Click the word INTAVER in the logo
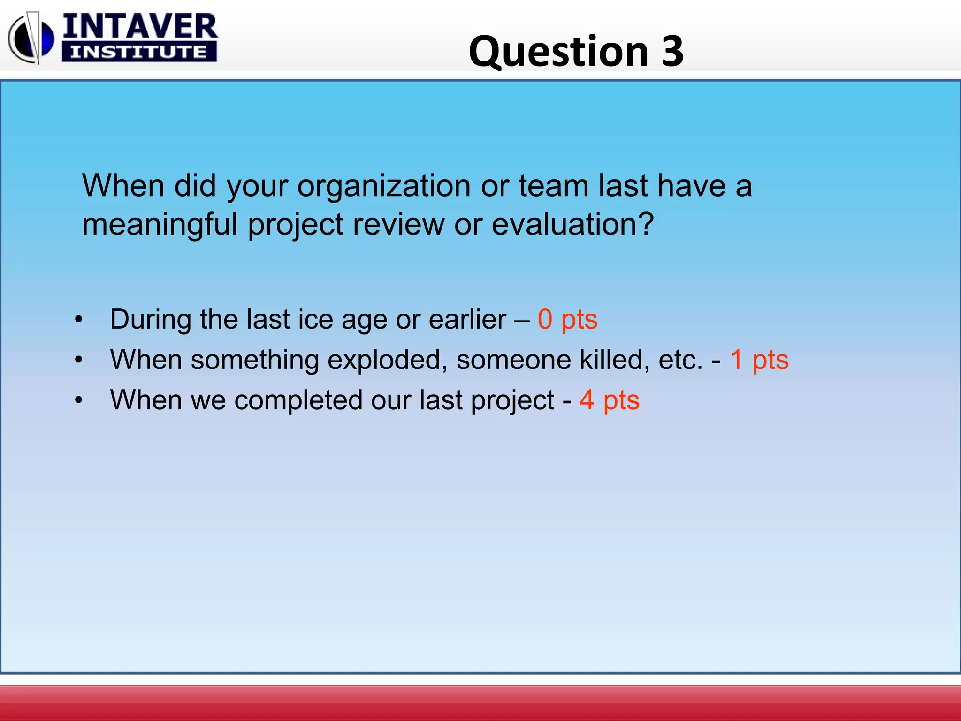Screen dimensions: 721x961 coord(140,27)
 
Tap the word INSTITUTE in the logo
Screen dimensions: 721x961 coord(139,52)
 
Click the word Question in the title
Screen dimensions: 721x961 coord(558,52)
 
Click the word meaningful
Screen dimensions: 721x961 coord(160,225)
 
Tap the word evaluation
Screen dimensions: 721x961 coord(572,224)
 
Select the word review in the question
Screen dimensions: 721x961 coord(398,224)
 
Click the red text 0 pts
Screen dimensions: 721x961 coord(567,320)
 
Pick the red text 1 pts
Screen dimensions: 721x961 coord(759,360)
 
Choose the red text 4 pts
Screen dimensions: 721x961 coord(609,400)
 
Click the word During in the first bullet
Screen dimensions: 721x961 coord(151,320)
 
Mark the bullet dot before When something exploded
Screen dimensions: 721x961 coord(79,360)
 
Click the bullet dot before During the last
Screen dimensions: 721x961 coord(79,320)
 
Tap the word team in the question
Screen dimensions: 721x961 coord(553,186)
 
